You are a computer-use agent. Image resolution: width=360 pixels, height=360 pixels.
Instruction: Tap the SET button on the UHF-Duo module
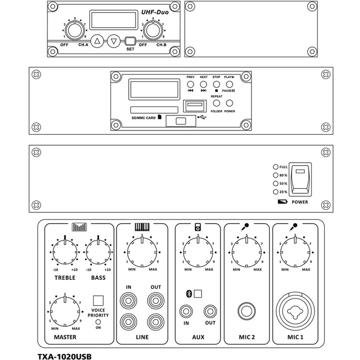point(130,41)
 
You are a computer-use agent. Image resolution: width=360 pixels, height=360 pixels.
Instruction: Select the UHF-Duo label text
point(155,12)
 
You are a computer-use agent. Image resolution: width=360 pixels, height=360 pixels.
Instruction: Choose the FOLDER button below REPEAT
point(217,103)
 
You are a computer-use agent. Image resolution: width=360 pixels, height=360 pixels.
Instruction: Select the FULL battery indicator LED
point(276,167)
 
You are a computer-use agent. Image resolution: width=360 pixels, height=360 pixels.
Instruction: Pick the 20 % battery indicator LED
point(276,192)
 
